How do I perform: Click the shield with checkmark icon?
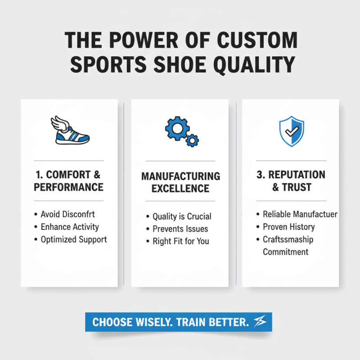coord(291,131)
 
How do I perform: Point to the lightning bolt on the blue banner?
coord(260,322)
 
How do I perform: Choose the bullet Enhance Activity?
coord(70,226)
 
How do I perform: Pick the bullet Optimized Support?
coord(74,239)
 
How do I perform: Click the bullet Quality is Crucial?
coord(182,216)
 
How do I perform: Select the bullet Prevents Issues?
coord(180,229)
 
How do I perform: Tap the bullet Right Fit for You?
coord(181,241)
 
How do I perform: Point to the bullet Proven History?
coord(289,227)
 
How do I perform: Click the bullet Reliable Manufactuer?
coord(300,214)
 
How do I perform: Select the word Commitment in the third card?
coord(286,252)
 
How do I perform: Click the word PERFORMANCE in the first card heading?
coord(69,187)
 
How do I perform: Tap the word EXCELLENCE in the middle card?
coord(180,189)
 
